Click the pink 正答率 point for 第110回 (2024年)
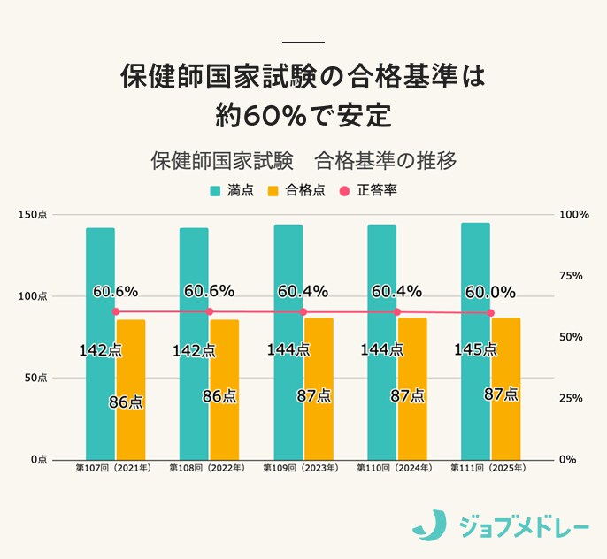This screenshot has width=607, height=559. click(x=396, y=312)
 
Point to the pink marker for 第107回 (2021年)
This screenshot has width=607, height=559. click(x=115, y=311)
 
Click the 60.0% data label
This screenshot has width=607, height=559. click(x=489, y=291)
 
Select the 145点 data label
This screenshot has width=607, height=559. click(x=475, y=349)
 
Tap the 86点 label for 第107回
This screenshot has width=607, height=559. click(x=126, y=402)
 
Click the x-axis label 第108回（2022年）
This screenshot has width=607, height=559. click(x=206, y=467)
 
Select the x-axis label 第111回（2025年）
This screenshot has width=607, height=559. click(x=488, y=467)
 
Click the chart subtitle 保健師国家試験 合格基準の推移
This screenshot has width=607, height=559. click(x=303, y=162)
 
